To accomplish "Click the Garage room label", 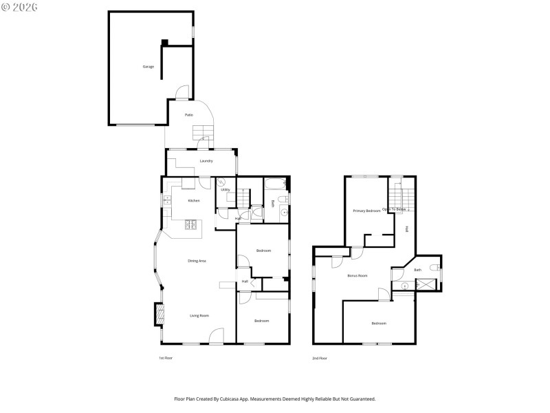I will point(148,67).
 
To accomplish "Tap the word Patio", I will point(188,115).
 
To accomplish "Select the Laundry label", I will point(206,161).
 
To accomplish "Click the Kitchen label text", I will point(194,200).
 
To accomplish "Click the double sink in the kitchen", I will point(167,200).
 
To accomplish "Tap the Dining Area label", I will point(197,261).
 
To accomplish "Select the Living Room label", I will point(199,315).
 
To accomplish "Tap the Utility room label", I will point(225,189).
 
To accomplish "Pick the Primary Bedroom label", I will point(366,211).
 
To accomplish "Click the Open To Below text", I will point(395,209).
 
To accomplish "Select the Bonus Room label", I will point(357,275).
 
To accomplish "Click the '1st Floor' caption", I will point(165,358).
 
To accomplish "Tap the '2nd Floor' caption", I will point(320,358).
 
